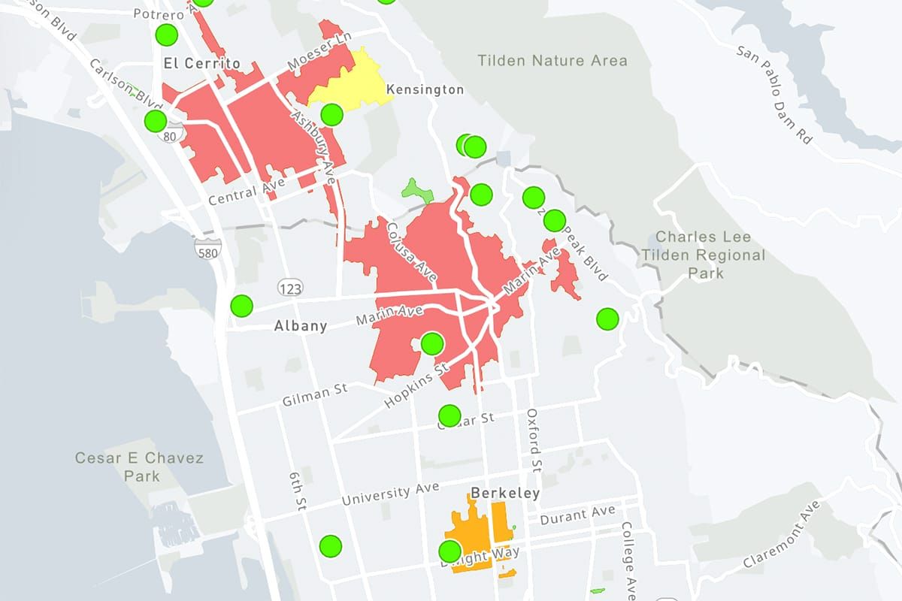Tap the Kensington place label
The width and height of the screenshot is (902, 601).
click(x=425, y=90)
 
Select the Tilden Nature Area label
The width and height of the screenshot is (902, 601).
click(x=552, y=60)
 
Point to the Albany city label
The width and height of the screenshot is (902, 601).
click(x=301, y=326)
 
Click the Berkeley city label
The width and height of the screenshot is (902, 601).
click(x=505, y=494)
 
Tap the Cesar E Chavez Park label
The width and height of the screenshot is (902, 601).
click(x=139, y=466)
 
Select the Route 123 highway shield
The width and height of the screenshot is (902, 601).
click(x=289, y=287)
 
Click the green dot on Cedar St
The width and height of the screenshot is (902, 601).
click(x=449, y=415)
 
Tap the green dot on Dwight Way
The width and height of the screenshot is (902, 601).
click(x=449, y=551)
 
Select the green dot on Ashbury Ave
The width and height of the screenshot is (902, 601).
click(x=331, y=115)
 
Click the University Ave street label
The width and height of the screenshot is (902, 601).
click(x=390, y=494)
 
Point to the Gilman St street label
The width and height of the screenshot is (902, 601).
click(x=314, y=395)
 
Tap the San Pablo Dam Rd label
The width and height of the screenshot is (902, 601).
click(x=775, y=94)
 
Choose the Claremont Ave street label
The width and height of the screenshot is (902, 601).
click(x=782, y=534)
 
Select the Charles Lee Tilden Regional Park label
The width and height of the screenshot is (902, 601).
click(x=703, y=255)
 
